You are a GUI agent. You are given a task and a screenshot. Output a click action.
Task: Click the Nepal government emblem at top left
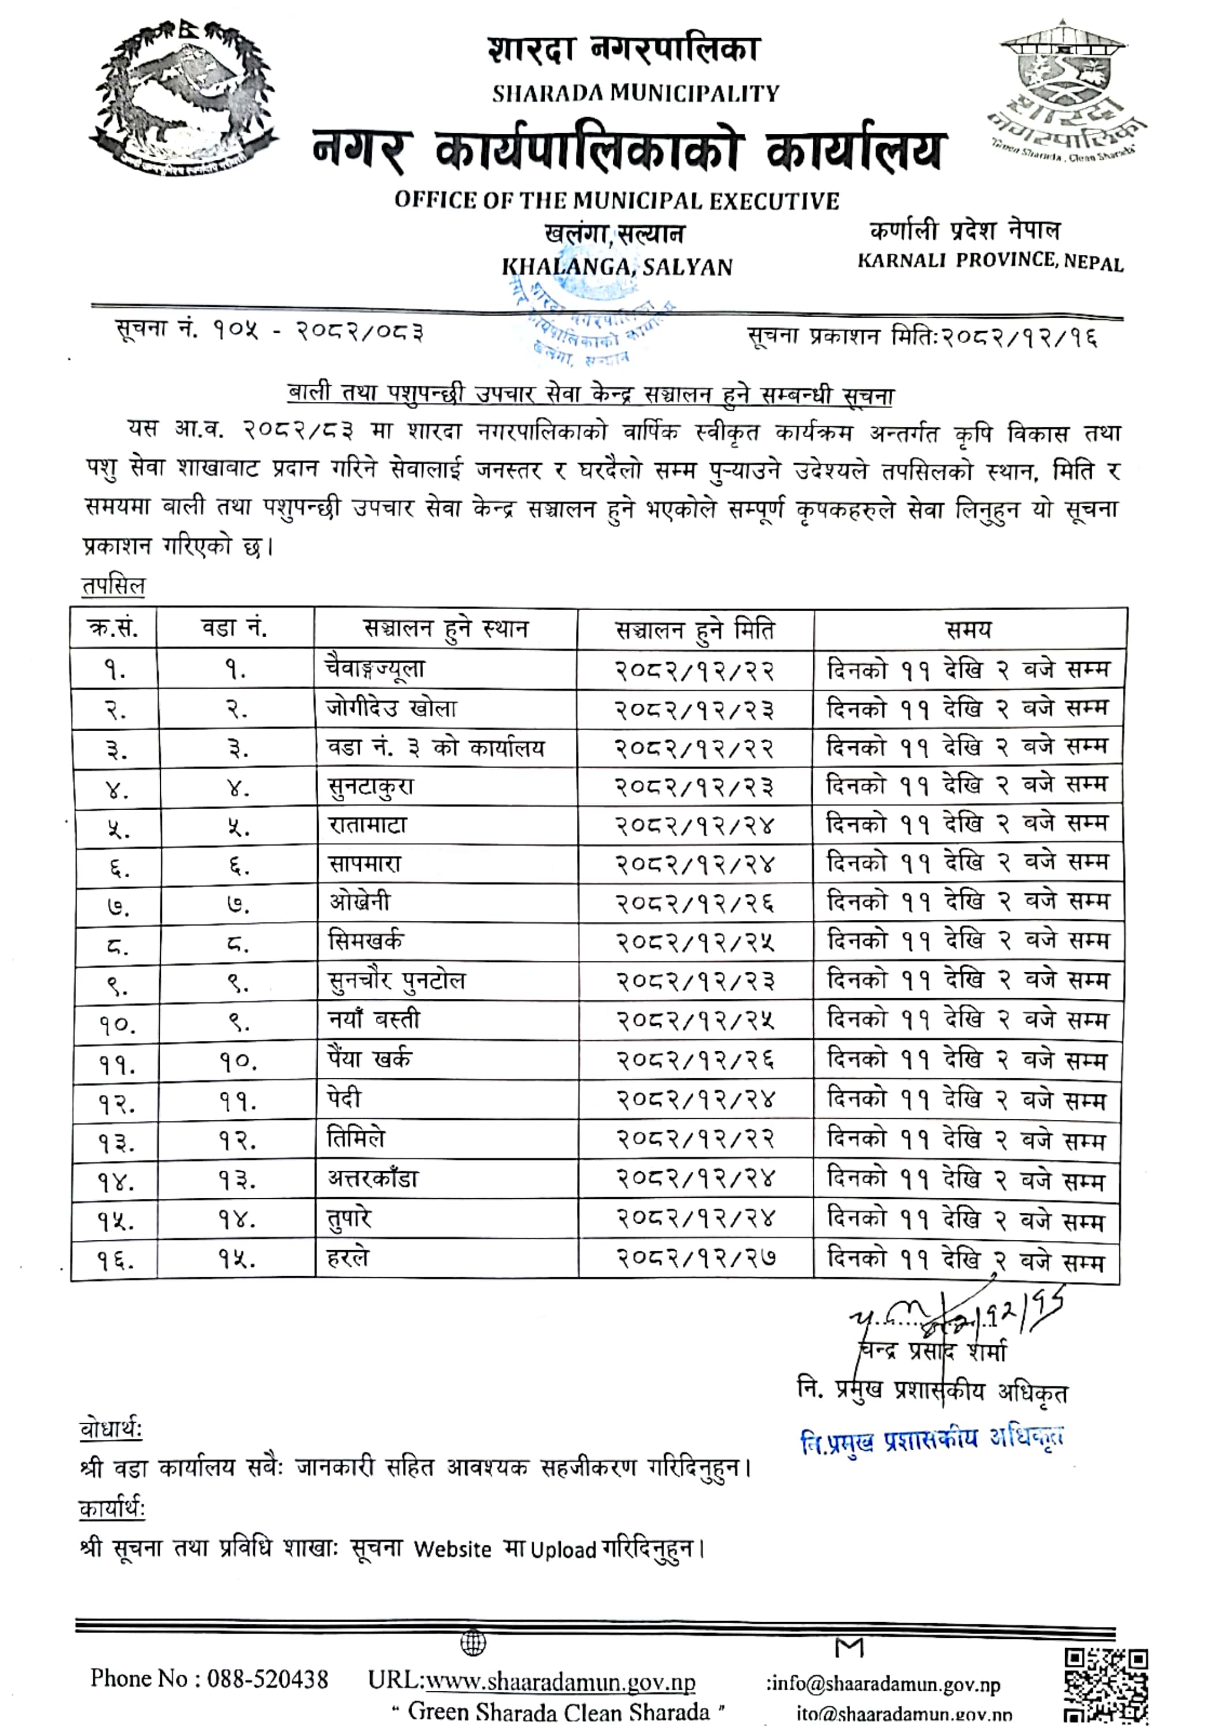point(183,100)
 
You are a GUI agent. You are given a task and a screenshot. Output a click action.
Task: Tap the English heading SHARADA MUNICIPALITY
point(636,93)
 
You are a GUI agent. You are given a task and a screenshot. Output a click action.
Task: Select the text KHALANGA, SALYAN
point(617,268)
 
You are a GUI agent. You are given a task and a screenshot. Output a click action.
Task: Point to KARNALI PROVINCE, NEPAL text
point(990,261)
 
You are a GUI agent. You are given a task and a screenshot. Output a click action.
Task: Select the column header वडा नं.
point(234,628)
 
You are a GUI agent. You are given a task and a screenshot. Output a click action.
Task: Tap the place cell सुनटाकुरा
point(370,787)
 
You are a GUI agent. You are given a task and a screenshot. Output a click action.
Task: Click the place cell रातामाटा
point(367,825)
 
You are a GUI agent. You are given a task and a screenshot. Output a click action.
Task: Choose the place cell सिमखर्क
point(365,942)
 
